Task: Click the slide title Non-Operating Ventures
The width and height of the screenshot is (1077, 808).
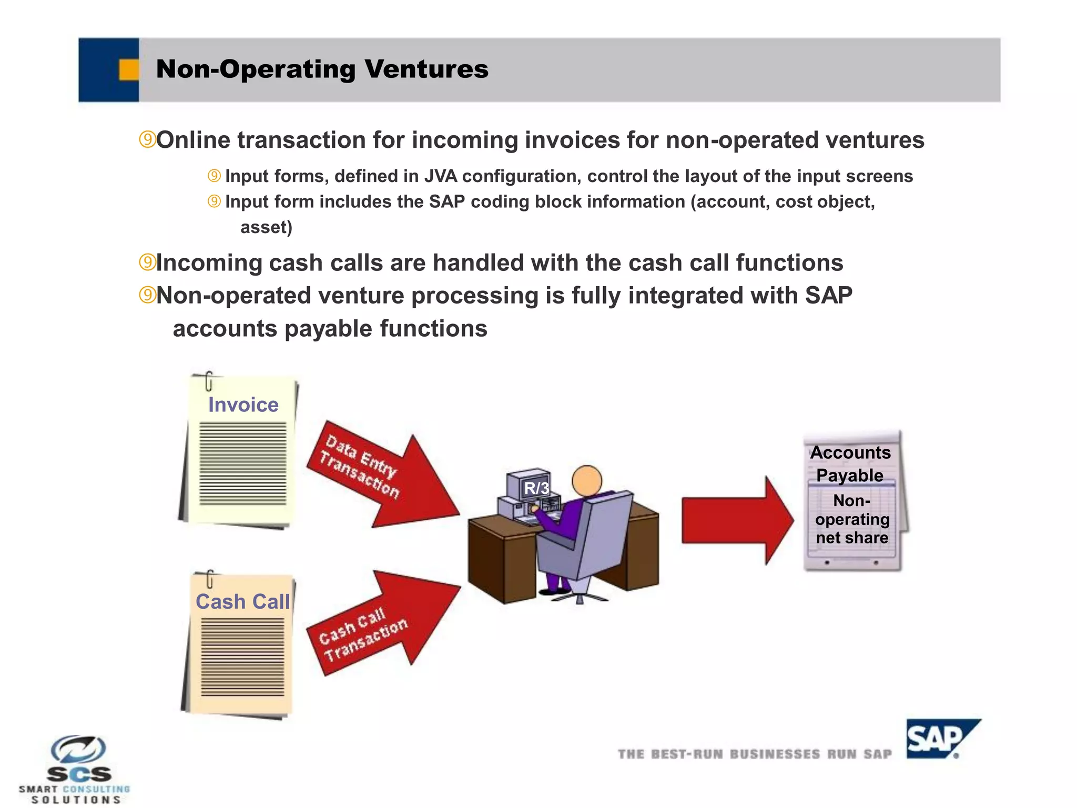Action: (322, 69)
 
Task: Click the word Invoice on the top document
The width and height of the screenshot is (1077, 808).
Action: (243, 405)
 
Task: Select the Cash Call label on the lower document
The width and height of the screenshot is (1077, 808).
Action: (242, 601)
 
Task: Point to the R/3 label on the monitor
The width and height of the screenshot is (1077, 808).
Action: (536, 488)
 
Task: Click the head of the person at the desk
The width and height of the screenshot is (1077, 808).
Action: (586, 481)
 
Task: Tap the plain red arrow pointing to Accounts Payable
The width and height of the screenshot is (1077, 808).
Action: (736, 520)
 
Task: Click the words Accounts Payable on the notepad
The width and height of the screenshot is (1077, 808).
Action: (850, 463)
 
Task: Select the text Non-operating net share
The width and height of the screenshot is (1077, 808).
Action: (852, 519)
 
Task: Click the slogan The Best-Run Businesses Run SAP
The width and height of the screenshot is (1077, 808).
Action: (755, 754)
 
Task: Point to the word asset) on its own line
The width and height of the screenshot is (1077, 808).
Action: (266, 227)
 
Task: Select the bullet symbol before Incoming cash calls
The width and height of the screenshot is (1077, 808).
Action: (147, 262)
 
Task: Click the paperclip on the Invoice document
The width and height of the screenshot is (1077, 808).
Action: (209, 381)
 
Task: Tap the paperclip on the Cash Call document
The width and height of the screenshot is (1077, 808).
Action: (210, 579)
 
